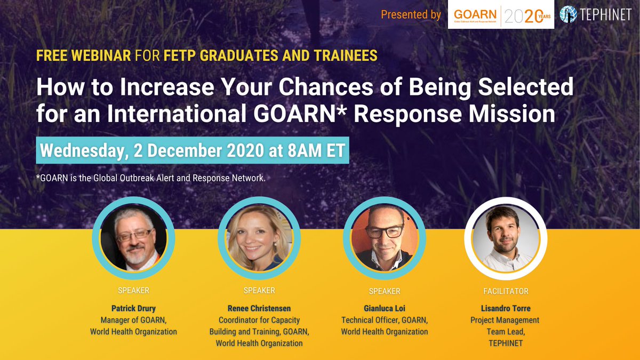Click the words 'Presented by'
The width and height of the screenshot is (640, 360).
pyautogui.click(x=411, y=15)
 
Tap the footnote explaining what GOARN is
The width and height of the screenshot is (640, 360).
pyautogui.click(x=151, y=178)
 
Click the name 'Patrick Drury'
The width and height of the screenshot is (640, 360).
pyautogui.click(x=133, y=308)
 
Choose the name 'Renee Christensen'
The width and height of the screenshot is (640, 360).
pyautogui.click(x=259, y=308)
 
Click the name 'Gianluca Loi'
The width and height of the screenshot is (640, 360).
pyautogui.click(x=385, y=308)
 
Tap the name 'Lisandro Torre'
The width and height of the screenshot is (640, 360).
pyautogui.click(x=505, y=308)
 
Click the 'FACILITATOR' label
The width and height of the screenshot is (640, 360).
pyautogui.click(x=505, y=291)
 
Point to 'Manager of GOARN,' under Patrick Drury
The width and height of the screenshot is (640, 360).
pyautogui.click(x=133, y=320)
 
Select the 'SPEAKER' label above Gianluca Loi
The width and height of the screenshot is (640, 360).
pyautogui.click(x=385, y=291)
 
